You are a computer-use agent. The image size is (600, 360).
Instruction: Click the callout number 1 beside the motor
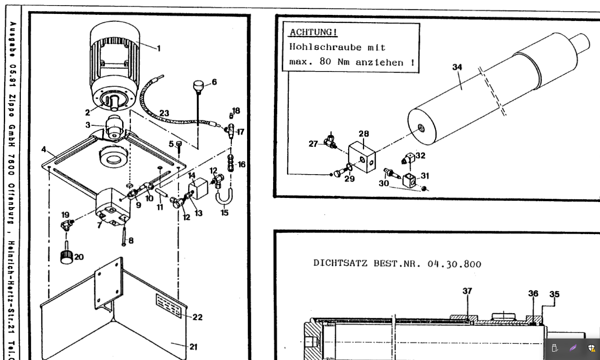158,48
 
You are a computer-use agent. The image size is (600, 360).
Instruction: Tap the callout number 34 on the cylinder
457,67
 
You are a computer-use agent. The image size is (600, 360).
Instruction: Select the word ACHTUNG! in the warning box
313,33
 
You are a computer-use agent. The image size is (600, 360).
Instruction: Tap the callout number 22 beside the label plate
197,317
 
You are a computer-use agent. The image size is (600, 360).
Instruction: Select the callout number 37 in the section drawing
467,291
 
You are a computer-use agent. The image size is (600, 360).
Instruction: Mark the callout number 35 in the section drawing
554,294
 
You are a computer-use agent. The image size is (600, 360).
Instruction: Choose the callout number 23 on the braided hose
164,113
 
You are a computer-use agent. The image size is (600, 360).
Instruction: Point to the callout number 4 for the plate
44,150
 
